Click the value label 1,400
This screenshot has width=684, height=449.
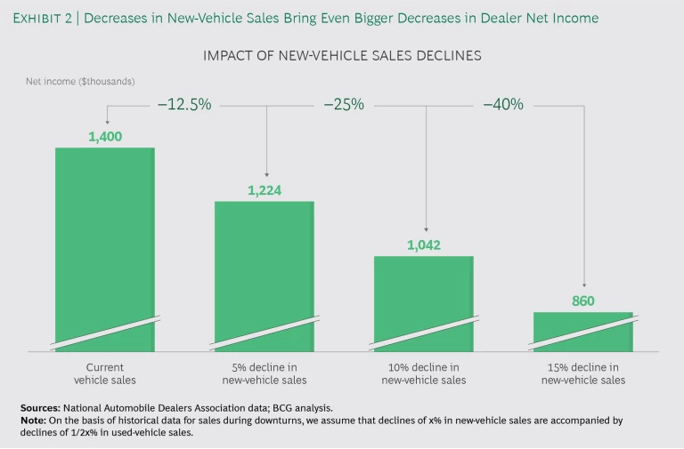(x=105, y=136)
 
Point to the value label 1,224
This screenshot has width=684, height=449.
(x=265, y=189)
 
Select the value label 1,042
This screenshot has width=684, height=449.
(x=423, y=245)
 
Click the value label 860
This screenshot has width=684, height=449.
(x=583, y=301)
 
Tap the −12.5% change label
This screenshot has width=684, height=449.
(x=184, y=105)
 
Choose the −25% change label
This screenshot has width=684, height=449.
(x=344, y=105)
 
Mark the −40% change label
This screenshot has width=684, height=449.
(x=503, y=105)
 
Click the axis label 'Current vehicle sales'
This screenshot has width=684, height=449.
(x=105, y=373)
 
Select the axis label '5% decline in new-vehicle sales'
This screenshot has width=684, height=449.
(x=265, y=373)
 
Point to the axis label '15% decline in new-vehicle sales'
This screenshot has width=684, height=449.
(x=583, y=373)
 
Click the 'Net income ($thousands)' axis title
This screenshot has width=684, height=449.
(x=80, y=81)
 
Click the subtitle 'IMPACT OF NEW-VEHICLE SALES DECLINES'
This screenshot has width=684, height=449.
(x=342, y=55)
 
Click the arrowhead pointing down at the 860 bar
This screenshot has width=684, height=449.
(x=583, y=285)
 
